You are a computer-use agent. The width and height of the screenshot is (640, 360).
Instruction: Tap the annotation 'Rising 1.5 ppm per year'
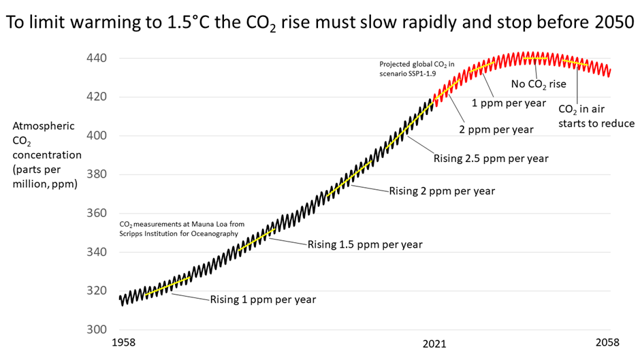click(365, 244)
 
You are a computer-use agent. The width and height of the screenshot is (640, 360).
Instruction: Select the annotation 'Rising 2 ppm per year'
click(442, 191)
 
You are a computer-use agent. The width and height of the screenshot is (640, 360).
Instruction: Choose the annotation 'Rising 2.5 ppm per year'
click(491, 159)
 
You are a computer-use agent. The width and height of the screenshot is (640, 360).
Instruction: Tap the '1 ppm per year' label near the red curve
click(509, 103)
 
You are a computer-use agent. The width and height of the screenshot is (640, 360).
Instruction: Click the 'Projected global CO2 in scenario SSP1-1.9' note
click(417, 69)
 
